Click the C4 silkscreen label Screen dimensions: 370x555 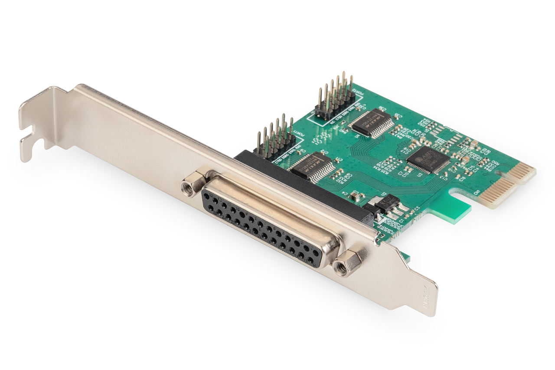[x=345, y=192]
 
